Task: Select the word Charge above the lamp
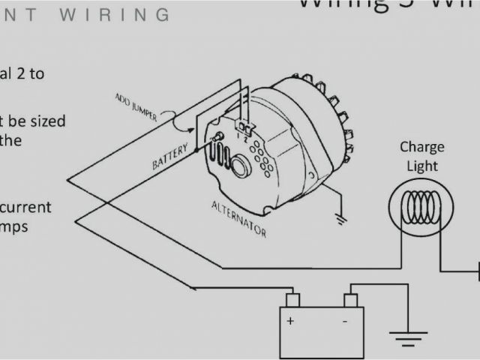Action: coord(421,147)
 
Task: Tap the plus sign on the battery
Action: coord(289,319)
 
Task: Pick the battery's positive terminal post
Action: coord(293,300)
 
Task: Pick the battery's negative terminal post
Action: coord(350,300)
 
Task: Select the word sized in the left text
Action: coord(43,121)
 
